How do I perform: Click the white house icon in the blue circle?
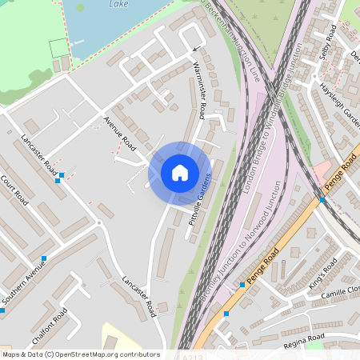point(179,172)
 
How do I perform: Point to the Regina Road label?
point(304,342)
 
